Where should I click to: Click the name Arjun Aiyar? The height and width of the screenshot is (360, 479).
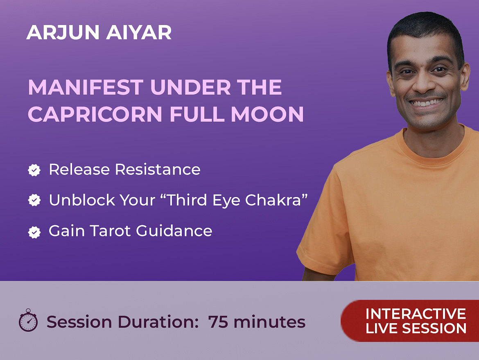(x=99, y=32)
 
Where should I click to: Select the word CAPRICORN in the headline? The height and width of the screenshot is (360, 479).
(x=95, y=114)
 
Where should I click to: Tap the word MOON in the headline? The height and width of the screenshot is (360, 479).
(x=267, y=114)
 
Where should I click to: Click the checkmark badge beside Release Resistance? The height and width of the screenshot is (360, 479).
(x=34, y=170)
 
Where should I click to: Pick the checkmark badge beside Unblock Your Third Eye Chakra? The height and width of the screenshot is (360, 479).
(x=34, y=200)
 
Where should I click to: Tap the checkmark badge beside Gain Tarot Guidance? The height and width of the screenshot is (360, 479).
(x=34, y=232)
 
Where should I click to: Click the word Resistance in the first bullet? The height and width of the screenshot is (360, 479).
(x=158, y=169)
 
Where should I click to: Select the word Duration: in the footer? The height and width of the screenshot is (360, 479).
(x=159, y=322)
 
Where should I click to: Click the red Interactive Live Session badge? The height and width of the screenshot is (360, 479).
(x=410, y=321)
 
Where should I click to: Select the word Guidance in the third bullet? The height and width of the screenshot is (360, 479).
(x=174, y=231)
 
